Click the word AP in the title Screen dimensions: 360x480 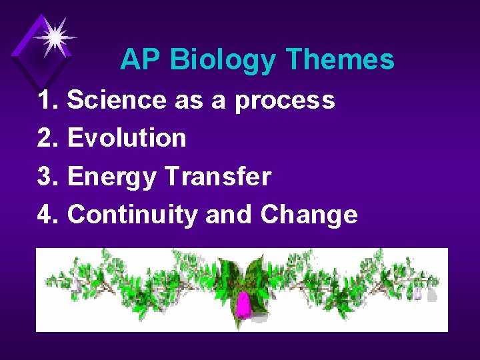click(x=141, y=60)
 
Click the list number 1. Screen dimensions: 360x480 click(x=48, y=100)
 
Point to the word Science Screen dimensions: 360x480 click(x=117, y=100)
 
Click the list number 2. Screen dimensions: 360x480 click(x=48, y=138)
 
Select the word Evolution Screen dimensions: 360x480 click(x=127, y=138)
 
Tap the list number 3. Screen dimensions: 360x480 click(x=48, y=177)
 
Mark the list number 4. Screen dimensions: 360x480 click(x=48, y=215)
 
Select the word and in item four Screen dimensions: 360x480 click(x=229, y=215)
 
